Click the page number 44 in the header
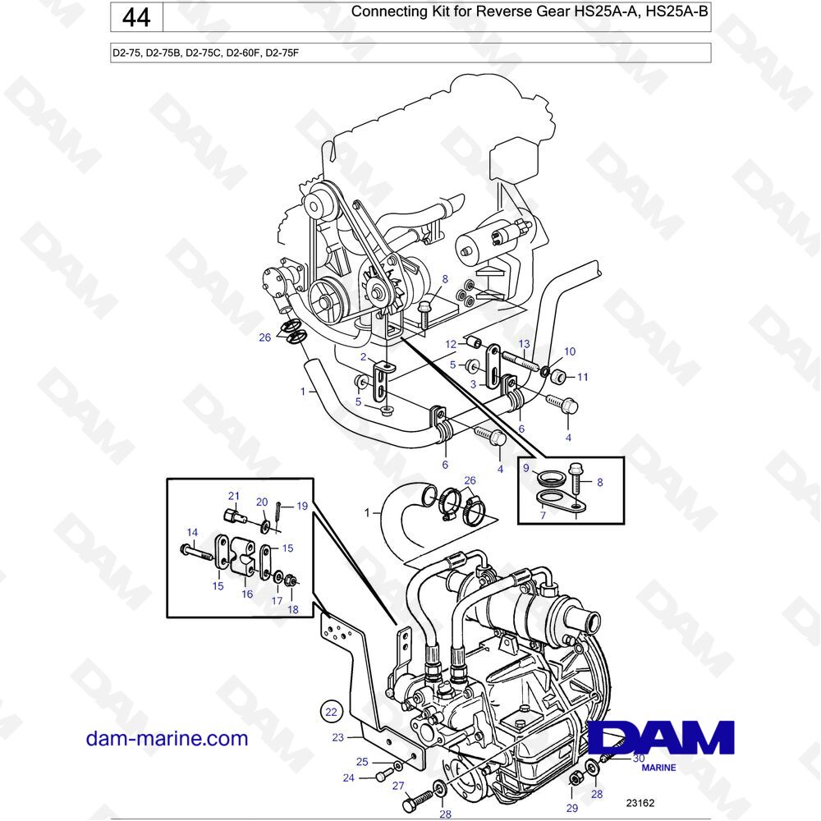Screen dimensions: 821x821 [x=136, y=18]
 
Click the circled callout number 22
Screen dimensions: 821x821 [x=332, y=712]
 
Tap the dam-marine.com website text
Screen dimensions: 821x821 [x=167, y=738]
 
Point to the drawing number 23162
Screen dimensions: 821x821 [x=640, y=803]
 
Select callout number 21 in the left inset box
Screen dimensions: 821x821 [x=233, y=496]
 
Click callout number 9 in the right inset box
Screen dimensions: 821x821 [x=526, y=468]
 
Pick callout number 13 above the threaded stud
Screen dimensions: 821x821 [x=524, y=343]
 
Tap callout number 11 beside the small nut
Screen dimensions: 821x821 [x=583, y=377]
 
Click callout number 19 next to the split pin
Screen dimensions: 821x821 [x=302, y=506]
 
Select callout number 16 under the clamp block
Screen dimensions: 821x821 [x=247, y=594]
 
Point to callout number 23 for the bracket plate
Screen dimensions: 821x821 [x=337, y=737]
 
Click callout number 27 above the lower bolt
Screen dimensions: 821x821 [x=398, y=786]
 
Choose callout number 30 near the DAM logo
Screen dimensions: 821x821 [x=639, y=758]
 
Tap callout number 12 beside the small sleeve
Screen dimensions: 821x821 [x=451, y=344]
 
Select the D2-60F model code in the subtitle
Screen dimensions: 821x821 [x=242, y=53]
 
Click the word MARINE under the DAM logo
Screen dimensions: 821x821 [x=658, y=768]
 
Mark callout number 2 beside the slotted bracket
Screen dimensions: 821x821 [x=364, y=357]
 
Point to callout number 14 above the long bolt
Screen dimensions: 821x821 [x=192, y=533]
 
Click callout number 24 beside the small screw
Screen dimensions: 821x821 [x=349, y=778]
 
